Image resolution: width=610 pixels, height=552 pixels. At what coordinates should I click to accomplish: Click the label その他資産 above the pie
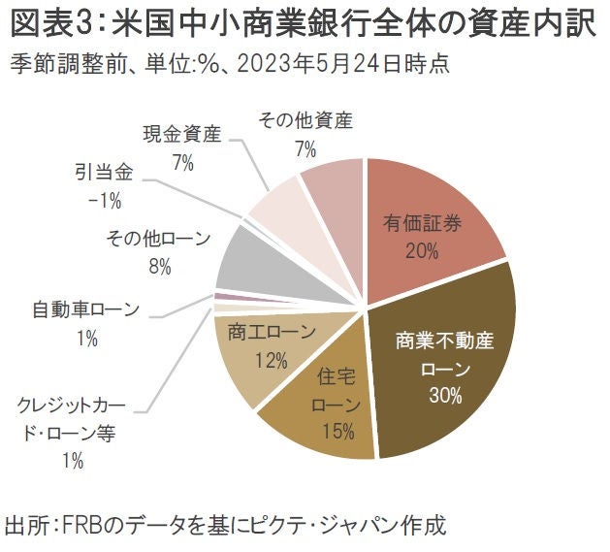[x=305, y=120]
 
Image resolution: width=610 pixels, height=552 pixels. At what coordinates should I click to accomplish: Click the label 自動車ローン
[x=86, y=310]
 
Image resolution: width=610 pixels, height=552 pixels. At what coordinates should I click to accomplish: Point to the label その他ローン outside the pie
[x=153, y=237]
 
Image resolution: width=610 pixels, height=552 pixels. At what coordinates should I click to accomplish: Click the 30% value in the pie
[x=444, y=396]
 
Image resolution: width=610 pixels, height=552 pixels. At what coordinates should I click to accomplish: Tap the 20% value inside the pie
[x=423, y=251]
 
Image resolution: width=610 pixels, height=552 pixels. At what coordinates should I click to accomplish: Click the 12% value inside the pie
[x=272, y=361]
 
